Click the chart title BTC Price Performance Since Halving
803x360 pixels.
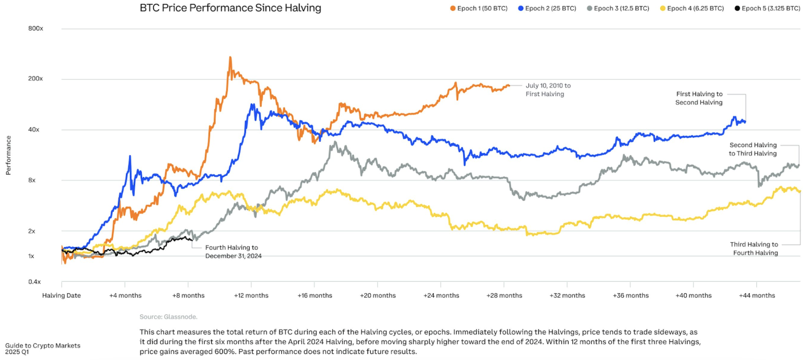[x=230, y=8]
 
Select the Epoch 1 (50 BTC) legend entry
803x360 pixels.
[x=478, y=9]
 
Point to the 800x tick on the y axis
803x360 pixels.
[x=35, y=28]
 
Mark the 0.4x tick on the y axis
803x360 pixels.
[x=35, y=282]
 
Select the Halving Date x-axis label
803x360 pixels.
[x=61, y=295]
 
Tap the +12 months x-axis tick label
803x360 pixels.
[x=251, y=295]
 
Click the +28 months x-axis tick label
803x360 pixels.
[x=504, y=295]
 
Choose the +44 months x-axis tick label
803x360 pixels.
[x=757, y=295]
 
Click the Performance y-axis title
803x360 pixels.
[x=8, y=155]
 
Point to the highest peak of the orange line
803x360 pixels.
[x=230, y=57]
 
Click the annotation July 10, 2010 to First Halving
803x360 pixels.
[x=548, y=90]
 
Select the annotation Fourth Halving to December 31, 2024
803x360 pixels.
[x=233, y=251]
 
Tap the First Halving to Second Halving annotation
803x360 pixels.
[x=699, y=98]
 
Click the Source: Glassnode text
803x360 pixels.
[x=168, y=317]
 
